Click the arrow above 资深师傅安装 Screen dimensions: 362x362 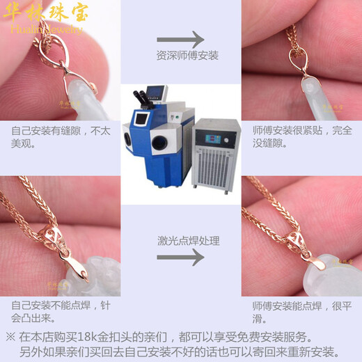tap(180, 40)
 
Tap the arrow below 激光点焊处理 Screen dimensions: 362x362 tap(180, 257)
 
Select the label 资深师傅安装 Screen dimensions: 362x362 tap(180, 56)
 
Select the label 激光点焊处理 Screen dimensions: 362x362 tap(180, 241)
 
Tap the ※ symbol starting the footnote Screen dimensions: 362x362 tap(10, 336)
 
